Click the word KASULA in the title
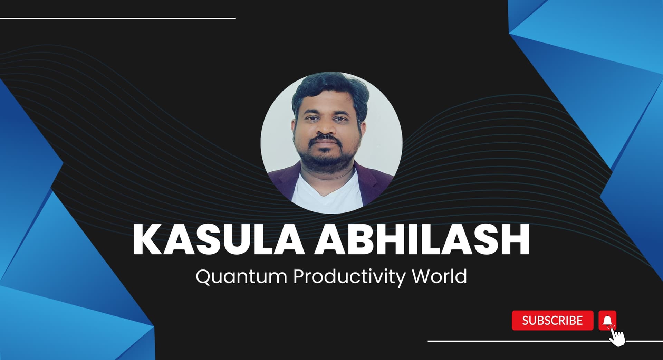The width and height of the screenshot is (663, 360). (x=218, y=239)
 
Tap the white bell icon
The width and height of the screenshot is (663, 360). (x=607, y=320)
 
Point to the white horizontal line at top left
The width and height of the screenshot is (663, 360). (x=117, y=18)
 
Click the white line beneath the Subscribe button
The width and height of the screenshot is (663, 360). (x=518, y=341)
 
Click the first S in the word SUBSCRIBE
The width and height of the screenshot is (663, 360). (x=526, y=321)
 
